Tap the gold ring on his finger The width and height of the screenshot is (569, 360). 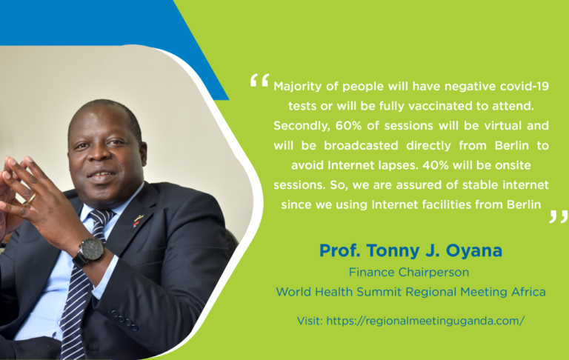click(32, 198)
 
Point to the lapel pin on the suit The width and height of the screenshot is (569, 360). click(138, 221)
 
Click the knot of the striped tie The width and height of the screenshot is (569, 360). click(101, 219)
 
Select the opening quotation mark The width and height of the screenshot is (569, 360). click(260, 80)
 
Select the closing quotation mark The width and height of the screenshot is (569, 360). click(558, 216)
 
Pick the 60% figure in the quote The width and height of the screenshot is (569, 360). click(348, 126)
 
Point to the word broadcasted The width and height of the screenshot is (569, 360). click(361, 145)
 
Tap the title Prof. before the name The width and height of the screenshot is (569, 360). click(339, 250)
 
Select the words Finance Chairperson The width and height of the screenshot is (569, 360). click(409, 272)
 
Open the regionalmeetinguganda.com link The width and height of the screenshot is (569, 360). click(425, 321)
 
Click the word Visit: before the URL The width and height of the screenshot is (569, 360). click(310, 321)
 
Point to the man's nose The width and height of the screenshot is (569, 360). click(96, 154)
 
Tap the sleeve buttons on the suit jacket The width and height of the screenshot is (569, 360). click(124, 320)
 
